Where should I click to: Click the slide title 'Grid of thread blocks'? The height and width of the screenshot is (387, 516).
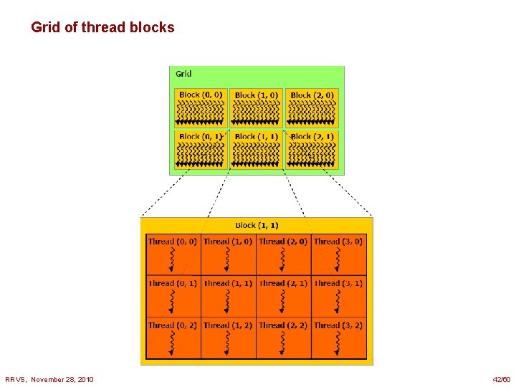pos(102,27)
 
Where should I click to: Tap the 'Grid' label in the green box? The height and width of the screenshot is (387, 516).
pos(184,74)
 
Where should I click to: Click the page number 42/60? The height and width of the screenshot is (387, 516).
pos(501,379)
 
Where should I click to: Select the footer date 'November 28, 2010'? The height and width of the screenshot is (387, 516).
pos(62,379)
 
